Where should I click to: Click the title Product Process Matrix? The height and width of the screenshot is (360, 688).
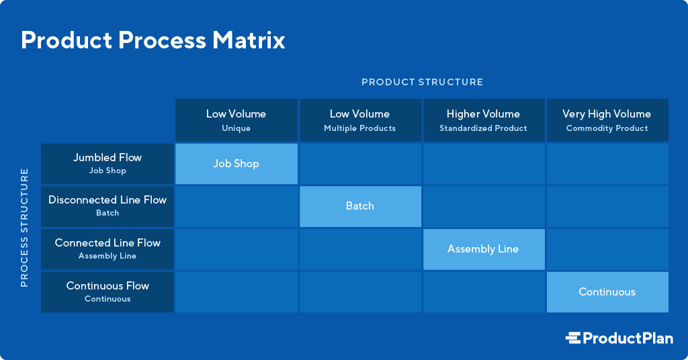click(x=153, y=40)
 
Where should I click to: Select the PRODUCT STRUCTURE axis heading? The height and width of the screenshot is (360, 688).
click(x=422, y=82)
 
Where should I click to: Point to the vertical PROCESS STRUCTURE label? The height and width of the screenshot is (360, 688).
click(x=24, y=228)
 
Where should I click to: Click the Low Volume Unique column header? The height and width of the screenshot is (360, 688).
click(x=236, y=120)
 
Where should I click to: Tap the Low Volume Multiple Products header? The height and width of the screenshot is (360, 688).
click(x=359, y=120)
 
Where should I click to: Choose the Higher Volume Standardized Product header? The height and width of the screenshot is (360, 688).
click(x=483, y=120)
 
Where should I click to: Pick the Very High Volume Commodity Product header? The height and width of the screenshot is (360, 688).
click(x=607, y=120)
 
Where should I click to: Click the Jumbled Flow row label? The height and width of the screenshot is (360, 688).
click(x=107, y=163)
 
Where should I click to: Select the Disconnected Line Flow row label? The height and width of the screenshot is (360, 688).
click(x=107, y=206)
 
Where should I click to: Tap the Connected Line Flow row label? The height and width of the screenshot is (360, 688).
click(x=107, y=249)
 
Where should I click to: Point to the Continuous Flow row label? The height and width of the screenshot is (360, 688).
click(x=107, y=292)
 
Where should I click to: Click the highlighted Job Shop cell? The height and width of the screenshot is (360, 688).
click(x=236, y=163)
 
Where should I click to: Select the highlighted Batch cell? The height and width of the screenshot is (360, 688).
click(x=359, y=206)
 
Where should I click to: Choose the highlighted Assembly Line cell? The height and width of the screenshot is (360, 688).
click(x=483, y=249)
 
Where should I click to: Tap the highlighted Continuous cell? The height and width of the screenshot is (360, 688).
click(x=607, y=292)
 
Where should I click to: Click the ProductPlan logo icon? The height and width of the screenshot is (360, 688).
click(x=572, y=339)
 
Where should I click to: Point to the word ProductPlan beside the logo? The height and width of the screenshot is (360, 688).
click(x=628, y=339)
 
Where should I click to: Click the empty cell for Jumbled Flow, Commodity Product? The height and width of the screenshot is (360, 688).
click(x=607, y=163)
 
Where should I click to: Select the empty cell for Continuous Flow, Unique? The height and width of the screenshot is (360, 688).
click(x=236, y=292)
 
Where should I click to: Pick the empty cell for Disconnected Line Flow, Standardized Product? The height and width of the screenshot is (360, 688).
click(x=483, y=206)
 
